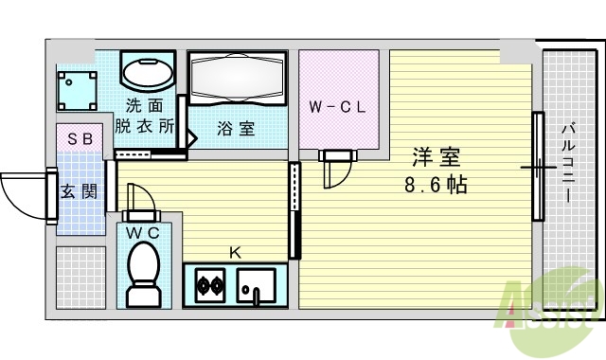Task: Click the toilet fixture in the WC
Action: pos(145,271)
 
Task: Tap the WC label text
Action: pos(145,231)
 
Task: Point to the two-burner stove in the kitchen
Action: pos(209,283)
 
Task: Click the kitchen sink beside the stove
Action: pos(256,284)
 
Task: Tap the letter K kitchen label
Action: pos(235,252)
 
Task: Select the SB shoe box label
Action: pos(80,138)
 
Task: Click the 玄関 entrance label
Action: pos(79,190)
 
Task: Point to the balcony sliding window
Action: pos(538,167)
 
